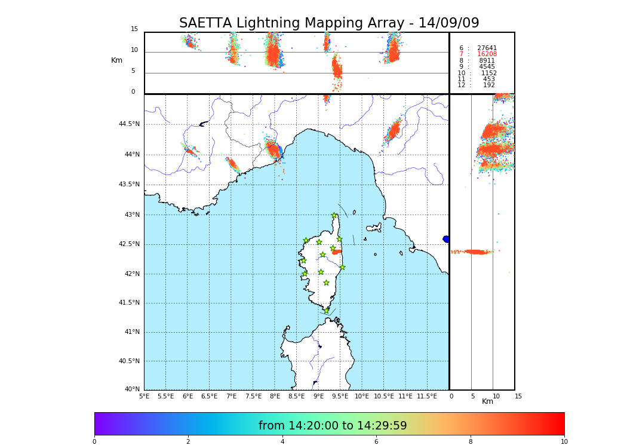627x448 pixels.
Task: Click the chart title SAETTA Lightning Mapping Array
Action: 329,23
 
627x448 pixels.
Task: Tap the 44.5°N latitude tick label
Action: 129,124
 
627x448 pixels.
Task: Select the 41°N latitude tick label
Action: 132,332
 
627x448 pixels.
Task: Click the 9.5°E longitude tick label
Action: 340,396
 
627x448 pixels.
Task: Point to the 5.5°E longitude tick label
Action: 165,396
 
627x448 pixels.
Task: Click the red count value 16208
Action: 487,54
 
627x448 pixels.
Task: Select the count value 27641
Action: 487,48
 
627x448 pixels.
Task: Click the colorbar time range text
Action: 333,426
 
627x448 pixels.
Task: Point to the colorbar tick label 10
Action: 564,441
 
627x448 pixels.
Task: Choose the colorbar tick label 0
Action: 94,441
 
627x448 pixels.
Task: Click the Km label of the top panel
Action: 117,60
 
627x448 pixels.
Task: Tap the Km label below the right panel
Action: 488,401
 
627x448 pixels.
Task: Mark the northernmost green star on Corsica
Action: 334,216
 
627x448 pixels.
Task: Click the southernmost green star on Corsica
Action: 326,311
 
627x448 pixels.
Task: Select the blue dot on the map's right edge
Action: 446,239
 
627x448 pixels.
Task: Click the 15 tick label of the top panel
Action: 134,29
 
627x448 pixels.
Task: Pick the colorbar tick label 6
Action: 376,441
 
